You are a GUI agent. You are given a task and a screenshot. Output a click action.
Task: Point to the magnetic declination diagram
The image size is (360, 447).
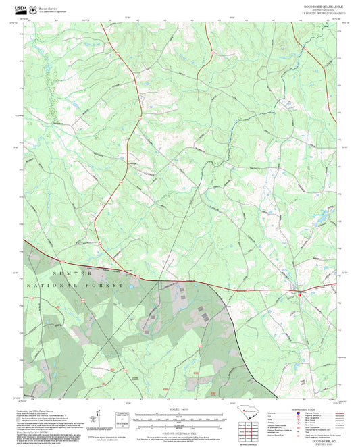coord(101,418)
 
